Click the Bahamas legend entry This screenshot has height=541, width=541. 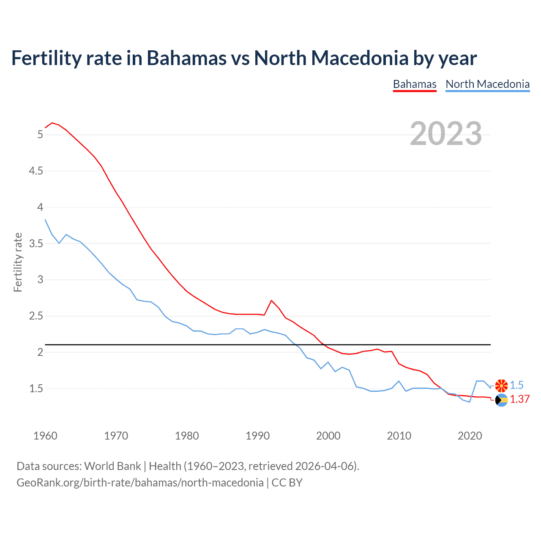tap(414, 84)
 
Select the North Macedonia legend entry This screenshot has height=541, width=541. tap(487, 84)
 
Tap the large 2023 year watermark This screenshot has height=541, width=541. tap(445, 134)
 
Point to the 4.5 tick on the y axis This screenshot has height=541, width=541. tap(36, 171)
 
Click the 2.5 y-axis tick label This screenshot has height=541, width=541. tap(36, 316)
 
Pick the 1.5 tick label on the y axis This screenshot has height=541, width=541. tap(36, 388)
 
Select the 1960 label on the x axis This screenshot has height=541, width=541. tap(45, 436)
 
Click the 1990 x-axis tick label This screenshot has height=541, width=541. tap(257, 436)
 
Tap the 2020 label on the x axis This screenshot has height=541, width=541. tap(470, 436)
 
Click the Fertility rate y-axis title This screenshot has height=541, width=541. tap(18, 262)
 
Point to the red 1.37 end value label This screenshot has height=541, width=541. tap(519, 399)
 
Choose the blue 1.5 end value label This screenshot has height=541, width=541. tap(516, 385)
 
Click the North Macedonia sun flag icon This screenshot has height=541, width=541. tap(501, 385)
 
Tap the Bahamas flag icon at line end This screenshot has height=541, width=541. tap(501, 400)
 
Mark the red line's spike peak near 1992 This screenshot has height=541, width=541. tap(271, 301)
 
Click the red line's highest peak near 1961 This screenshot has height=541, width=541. tap(52, 123)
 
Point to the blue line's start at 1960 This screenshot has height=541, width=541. tap(45, 220)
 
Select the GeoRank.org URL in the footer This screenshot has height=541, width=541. tap(140, 482)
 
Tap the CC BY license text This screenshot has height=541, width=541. tap(287, 482)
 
